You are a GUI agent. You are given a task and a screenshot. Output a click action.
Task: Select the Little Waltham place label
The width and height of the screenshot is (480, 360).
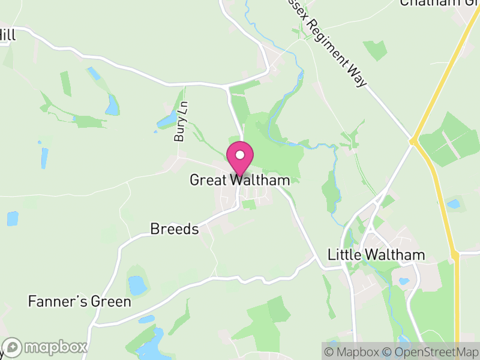(x=376, y=254)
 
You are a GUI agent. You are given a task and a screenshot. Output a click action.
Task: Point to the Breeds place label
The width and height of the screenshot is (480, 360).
(x=175, y=229)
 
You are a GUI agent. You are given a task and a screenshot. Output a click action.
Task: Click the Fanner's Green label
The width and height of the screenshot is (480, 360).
(x=79, y=301)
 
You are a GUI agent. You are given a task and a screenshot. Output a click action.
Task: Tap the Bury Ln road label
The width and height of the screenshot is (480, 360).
(x=181, y=124)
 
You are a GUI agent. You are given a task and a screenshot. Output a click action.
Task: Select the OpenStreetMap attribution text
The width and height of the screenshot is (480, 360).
(x=432, y=352)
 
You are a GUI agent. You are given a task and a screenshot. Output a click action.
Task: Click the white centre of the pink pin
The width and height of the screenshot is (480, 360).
(x=239, y=155)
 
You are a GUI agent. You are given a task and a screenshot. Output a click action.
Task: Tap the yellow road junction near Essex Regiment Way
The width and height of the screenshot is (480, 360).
(x=413, y=142)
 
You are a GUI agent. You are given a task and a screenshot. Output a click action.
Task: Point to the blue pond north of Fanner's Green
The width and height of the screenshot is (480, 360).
(x=137, y=284)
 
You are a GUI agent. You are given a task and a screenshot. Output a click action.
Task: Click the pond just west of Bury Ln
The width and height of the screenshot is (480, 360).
(x=166, y=121)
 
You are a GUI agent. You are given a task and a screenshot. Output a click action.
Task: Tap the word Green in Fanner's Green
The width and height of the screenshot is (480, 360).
(x=111, y=301)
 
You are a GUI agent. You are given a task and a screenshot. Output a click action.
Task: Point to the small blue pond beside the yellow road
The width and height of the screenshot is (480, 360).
(x=454, y=204)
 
